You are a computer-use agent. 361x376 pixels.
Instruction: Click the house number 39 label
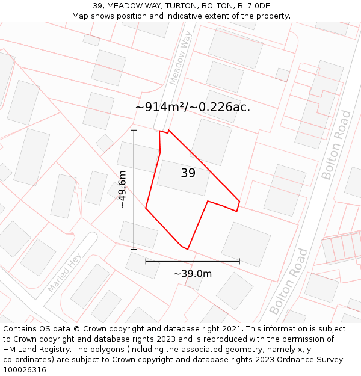point(188,173)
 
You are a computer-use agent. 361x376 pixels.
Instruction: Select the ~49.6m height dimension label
point(122,189)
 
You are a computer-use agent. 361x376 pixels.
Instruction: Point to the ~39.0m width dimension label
point(193,274)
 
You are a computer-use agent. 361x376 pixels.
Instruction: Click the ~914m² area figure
point(160,107)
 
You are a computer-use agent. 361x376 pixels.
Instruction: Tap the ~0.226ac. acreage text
point(220,107)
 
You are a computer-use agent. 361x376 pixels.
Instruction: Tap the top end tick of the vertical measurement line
point(134,130)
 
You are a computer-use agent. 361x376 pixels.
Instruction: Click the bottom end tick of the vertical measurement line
point(134,249)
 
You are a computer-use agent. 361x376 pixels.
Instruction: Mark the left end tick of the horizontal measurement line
point(146,261)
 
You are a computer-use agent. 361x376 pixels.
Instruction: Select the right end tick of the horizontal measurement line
point(239,261)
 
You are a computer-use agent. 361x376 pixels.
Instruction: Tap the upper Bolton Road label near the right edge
point(336,145)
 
